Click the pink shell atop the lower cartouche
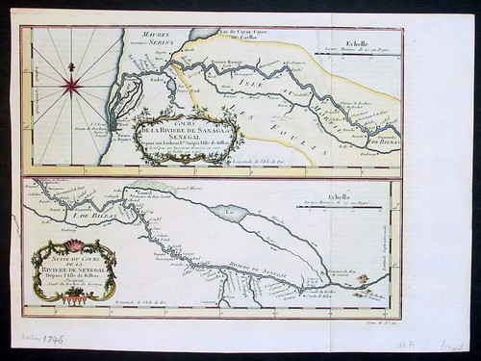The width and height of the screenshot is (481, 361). (x=72, y=242)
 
